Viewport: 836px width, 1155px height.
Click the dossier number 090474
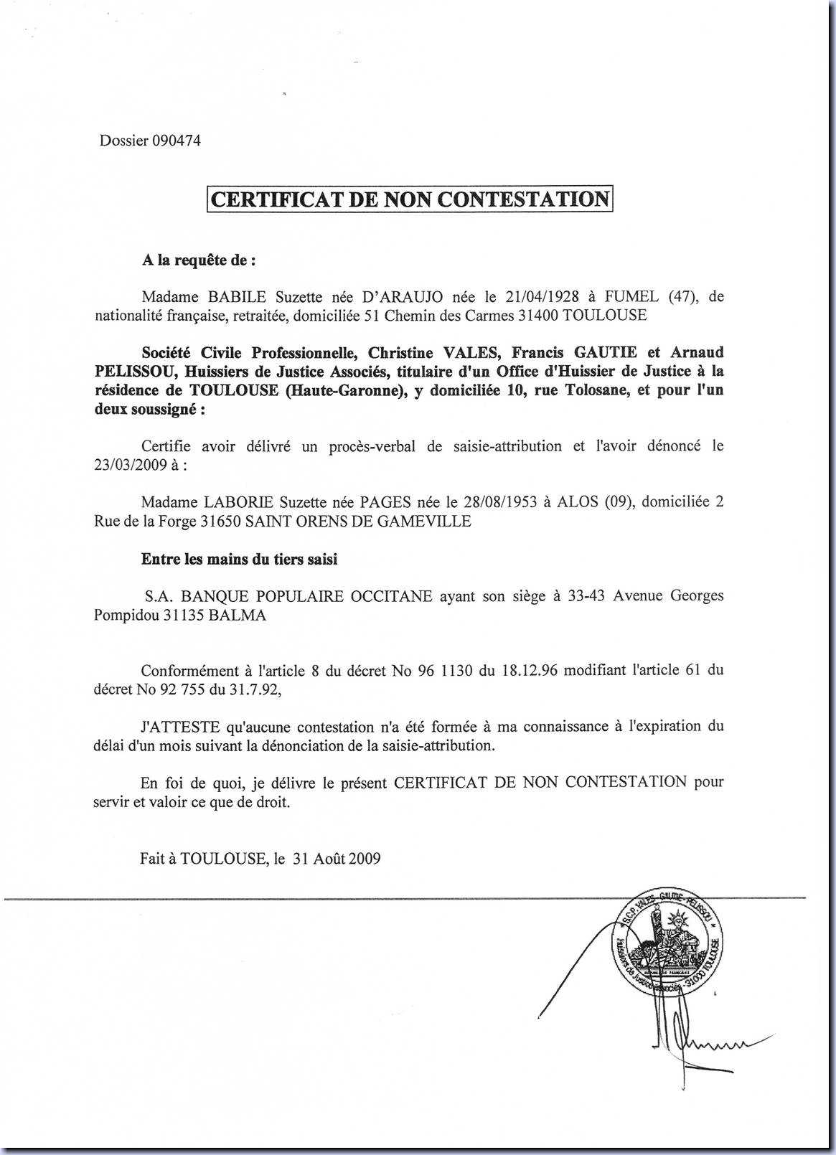pyautogui.click(x=176, y=141)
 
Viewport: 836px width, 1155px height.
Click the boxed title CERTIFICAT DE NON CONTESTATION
pyautogui.click(x=410, y=199)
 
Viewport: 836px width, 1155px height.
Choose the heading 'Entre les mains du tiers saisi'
pyautogui.click(x=239, y=560)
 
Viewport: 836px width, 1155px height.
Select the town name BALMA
pyautogui.click(x=238, y=616)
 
